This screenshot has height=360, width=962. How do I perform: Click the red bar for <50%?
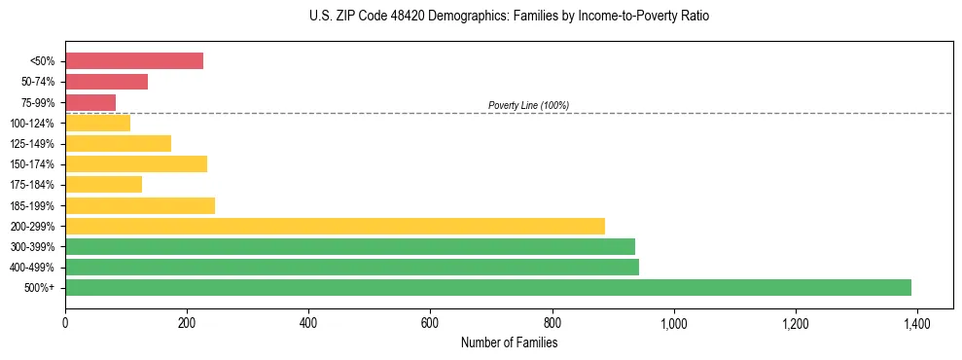[134, 61]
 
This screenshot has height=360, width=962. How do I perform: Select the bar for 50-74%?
[106, 82]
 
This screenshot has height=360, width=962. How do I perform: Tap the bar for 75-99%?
[90, 102]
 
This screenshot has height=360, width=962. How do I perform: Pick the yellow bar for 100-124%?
[97, 123]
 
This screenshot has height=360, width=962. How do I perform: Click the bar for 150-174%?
[136, 163]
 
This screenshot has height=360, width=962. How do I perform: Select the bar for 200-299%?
[335, 226]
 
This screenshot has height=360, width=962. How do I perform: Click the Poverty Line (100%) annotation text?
[528, 105]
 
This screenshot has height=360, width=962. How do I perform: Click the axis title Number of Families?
[509, 342]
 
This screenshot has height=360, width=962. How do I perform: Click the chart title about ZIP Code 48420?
[509, 17]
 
